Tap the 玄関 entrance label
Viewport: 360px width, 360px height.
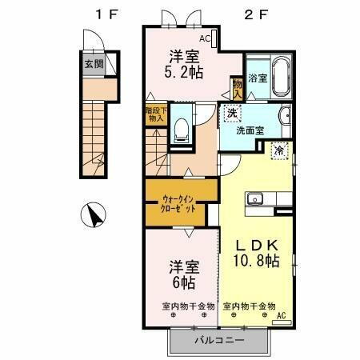point(94,65)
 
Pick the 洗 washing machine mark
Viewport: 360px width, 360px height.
point(232,112)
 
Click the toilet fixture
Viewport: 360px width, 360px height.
point(181,126)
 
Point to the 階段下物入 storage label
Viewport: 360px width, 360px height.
point(155,114)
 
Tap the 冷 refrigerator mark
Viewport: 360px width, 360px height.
point(280,148)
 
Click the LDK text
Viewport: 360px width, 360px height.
point(256,245)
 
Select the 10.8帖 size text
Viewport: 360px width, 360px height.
point(256,261)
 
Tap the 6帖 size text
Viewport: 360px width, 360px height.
point(182,282)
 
